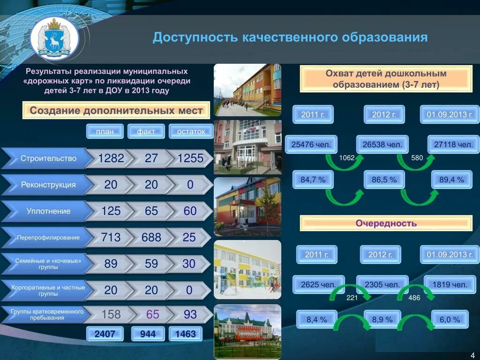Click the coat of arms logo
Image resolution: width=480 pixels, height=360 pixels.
(x=55, y=38)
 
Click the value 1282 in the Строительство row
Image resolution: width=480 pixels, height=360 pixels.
(x=111, y=158)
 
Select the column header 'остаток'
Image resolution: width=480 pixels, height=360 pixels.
(x=191, y=131)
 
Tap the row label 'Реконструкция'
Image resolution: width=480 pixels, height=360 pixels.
(x=48, y=185)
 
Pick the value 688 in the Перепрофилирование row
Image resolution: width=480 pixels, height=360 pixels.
(x=151, y=238)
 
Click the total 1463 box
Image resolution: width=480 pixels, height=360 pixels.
(x=185, y=334)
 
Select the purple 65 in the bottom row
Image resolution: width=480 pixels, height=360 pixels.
(x=153, y=314)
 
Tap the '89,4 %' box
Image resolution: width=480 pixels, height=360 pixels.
(x=451, y=180)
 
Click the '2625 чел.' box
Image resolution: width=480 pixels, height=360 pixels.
(x=318, y=285)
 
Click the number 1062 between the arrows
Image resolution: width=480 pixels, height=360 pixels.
(x=347, y=158)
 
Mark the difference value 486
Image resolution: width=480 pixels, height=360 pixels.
(x=414, y=298)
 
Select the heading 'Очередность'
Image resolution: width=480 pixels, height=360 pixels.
(x=386, y=223)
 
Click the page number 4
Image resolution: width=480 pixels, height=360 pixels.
(x=472, y=354)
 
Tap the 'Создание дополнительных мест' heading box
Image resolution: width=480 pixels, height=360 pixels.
(x=116, y=111)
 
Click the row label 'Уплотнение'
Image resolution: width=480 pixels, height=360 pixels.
(x=48, y=211)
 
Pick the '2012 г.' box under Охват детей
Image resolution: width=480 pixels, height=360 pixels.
(x=384, y=114)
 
